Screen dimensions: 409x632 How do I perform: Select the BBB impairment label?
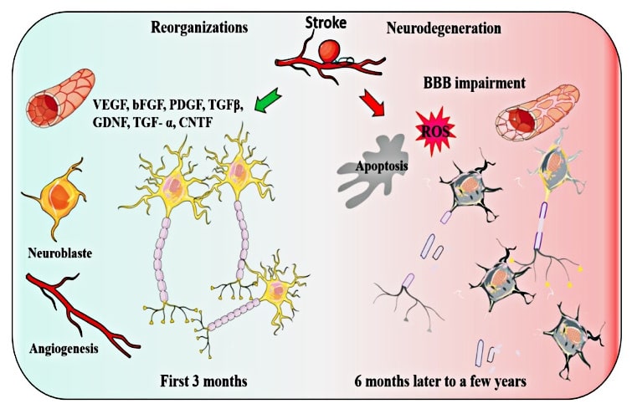(475, 84)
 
